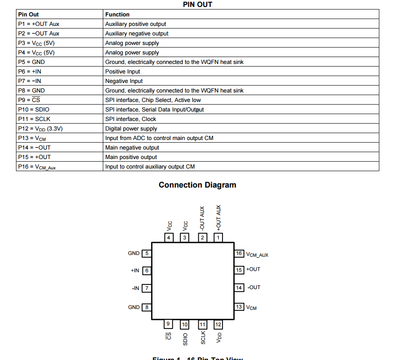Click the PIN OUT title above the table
(197, 4)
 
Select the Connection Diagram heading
(197, 185)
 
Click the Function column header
(118, 14)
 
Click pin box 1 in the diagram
(218, 237)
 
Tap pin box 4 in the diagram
(168, 237)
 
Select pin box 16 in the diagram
(239, 253)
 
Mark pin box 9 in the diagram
(168, 324)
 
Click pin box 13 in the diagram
(239, 307)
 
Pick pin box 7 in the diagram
(147, 288)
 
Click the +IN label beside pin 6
(135, 271)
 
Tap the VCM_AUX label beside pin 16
(257, 255)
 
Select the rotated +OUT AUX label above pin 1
(218, 217)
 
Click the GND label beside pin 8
(134, 307)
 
